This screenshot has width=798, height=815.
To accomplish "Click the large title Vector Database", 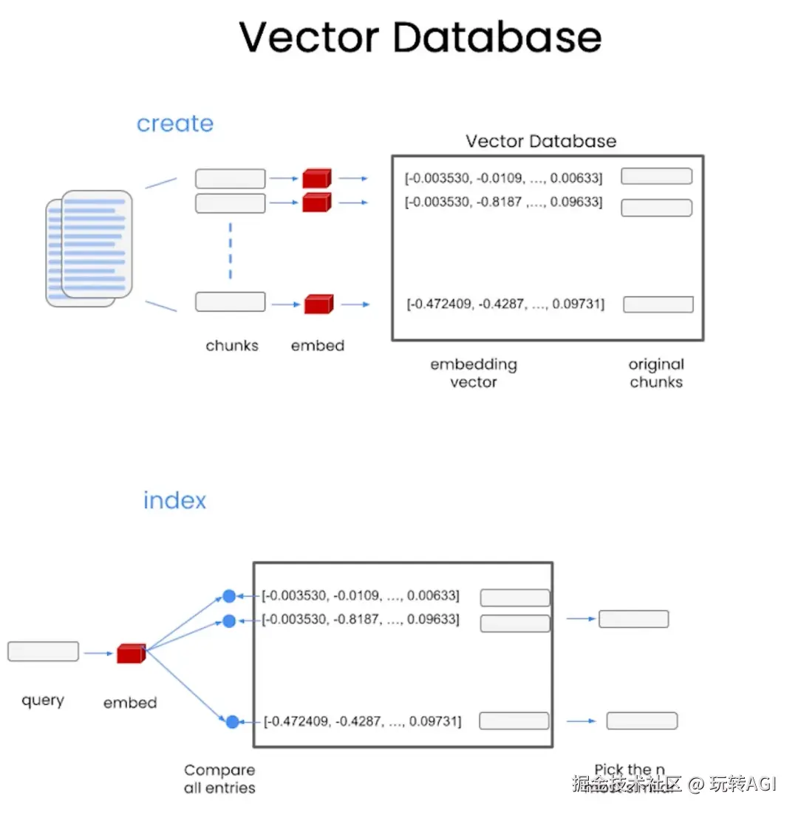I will tap(420, 37).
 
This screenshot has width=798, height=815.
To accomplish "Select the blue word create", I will tap(175, 123).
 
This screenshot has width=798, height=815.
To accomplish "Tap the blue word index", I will tap(174, 500).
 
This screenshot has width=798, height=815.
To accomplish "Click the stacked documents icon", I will tap(89, 248).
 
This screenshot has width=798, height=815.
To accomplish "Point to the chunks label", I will tap(232, 345).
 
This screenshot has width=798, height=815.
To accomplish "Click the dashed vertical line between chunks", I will tap(231, 250).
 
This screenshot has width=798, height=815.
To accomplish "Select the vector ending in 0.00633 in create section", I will tap(503, 178).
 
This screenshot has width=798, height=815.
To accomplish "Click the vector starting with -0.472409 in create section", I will tap(505, 304).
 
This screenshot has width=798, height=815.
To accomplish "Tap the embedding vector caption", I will tap(474, 372).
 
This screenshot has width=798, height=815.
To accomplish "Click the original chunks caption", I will tap(656, 372).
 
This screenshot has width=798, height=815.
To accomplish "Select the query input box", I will tap(43, 651).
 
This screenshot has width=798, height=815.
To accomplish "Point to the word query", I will tap(43, 700).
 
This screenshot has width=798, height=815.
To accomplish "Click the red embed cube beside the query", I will tap(130, 653).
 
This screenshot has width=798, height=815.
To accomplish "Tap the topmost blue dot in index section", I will tap(229, 596).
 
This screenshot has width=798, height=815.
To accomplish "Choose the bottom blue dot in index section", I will tap(232, 721).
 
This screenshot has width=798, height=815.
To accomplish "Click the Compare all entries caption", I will tap(219, 779).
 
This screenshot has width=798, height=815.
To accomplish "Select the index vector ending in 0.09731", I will tap(362, 720).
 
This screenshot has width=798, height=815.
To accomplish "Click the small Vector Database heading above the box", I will tap(541, 141).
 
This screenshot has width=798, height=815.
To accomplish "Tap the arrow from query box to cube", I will tap(98, 653).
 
